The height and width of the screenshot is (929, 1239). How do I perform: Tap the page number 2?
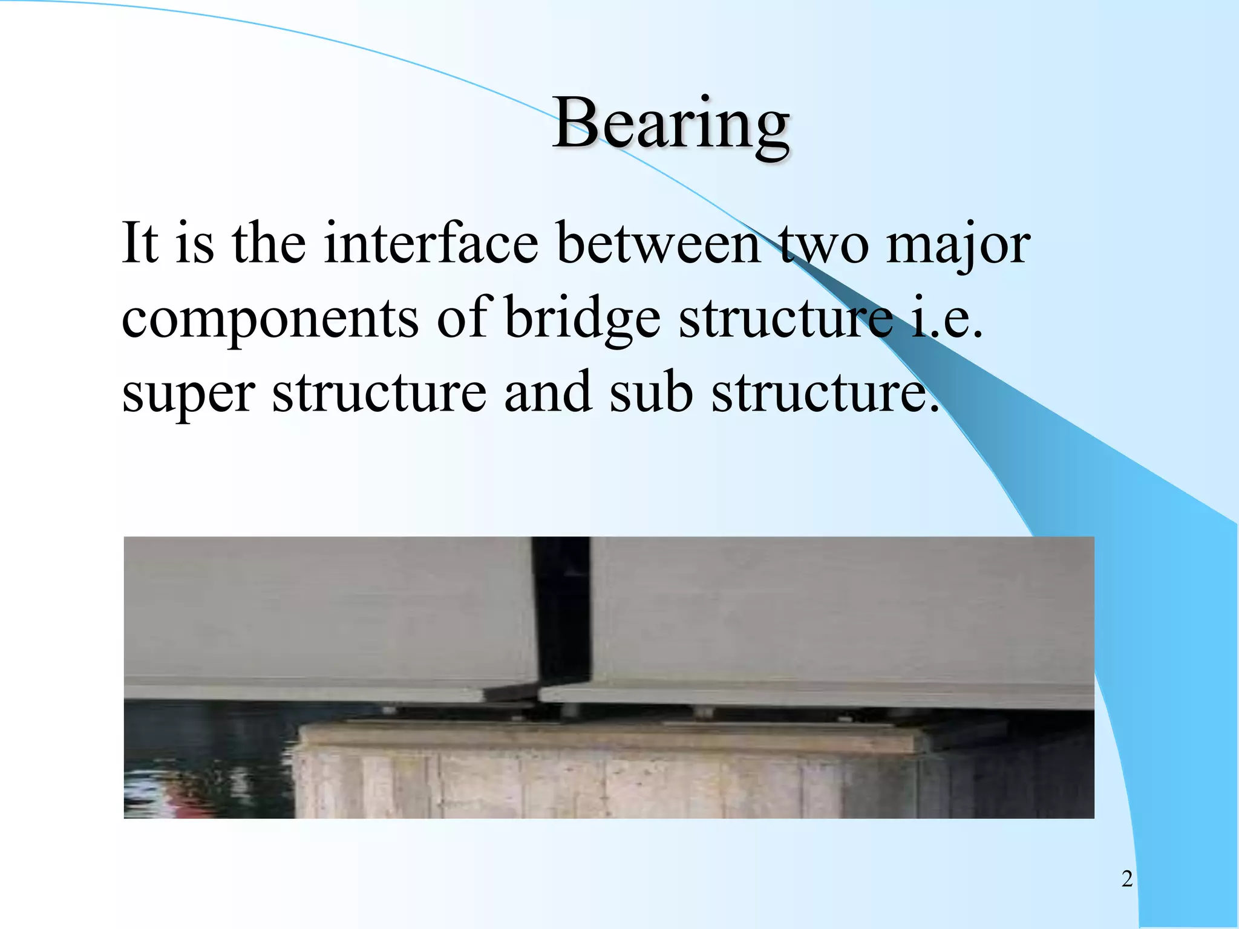click(x=1126, y=879)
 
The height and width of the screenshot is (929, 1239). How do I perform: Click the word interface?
click(x=430, y=243)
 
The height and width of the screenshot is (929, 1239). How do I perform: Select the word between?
click(x=658, y=243)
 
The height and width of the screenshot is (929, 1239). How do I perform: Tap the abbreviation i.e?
click(x=946, y=318)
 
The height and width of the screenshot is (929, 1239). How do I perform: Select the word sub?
click(x=650, y=392)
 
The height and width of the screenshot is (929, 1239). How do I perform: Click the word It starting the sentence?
click(x=140, y=243)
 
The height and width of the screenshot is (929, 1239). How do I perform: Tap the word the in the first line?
click(x=269, y=243)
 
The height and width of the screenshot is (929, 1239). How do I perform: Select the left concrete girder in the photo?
click(x=327, y=617)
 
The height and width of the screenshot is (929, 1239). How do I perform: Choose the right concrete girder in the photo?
click(x=841, y=617)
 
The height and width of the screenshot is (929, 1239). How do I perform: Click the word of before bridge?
click(x=463, y=318)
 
